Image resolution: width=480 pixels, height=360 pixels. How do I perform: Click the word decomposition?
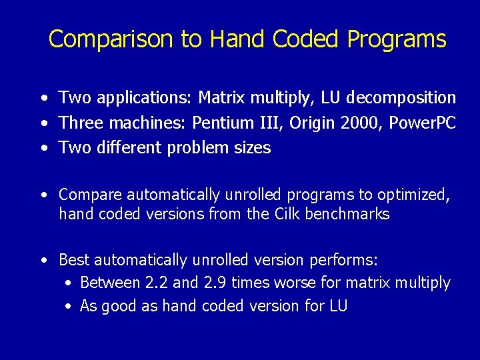[402, 98]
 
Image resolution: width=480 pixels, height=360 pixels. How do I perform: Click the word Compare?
[91, 195]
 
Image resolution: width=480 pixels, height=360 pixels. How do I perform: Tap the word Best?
[75, 259]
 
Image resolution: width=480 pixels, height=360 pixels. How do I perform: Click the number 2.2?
[157, 283]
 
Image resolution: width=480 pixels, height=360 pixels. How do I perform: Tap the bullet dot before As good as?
[69, 307]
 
